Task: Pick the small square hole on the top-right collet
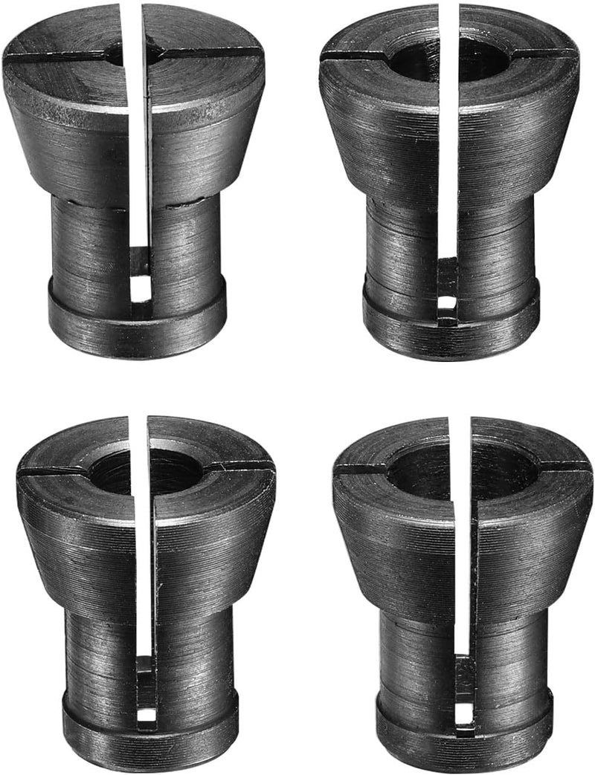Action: [x=446, y=304]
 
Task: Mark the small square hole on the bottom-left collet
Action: [x=147, y=714]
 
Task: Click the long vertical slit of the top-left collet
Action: [x=139, y=149]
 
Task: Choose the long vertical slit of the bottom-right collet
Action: [x=463, y=565]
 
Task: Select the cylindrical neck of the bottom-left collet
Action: [x=97, y=654]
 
